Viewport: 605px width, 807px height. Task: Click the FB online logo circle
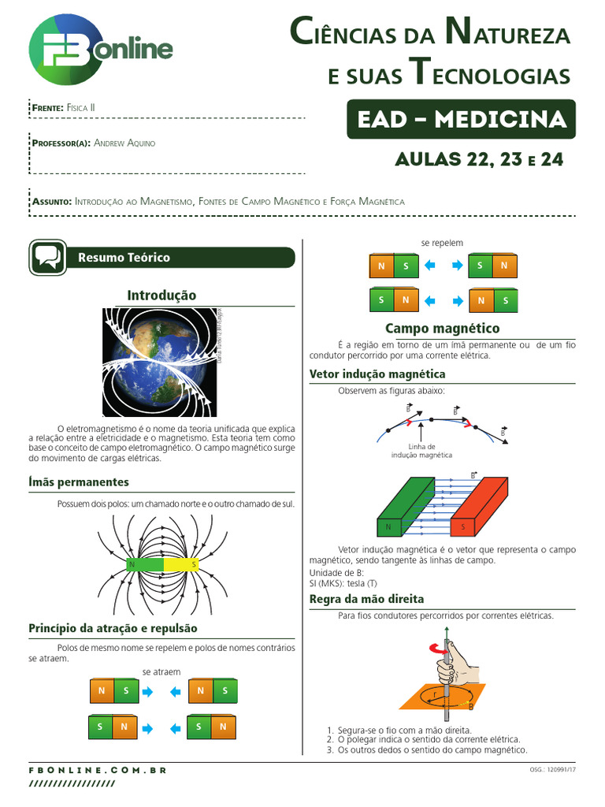click(65, 50)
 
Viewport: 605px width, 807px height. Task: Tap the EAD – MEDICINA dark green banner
click(461, 120)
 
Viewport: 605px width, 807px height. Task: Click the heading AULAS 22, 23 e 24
click(479, 159)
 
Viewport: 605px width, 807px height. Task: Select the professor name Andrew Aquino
click(124, 143)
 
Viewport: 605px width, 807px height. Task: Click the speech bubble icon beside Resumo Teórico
click(47, 258)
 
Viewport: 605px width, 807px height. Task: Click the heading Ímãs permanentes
click(79, 482)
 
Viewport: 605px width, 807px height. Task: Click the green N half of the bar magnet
click(144, 564)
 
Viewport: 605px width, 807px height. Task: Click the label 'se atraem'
click(161, 671)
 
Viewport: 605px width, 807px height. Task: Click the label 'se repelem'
click(442, 243)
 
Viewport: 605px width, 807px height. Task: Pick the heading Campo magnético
click(442, 328)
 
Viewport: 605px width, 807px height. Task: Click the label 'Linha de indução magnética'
click(422, 451)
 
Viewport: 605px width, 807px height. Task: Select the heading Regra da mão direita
click(366, 599)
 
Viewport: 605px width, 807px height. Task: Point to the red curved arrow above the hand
click(436, 648)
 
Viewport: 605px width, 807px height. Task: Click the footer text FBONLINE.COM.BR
click(98, 769)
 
